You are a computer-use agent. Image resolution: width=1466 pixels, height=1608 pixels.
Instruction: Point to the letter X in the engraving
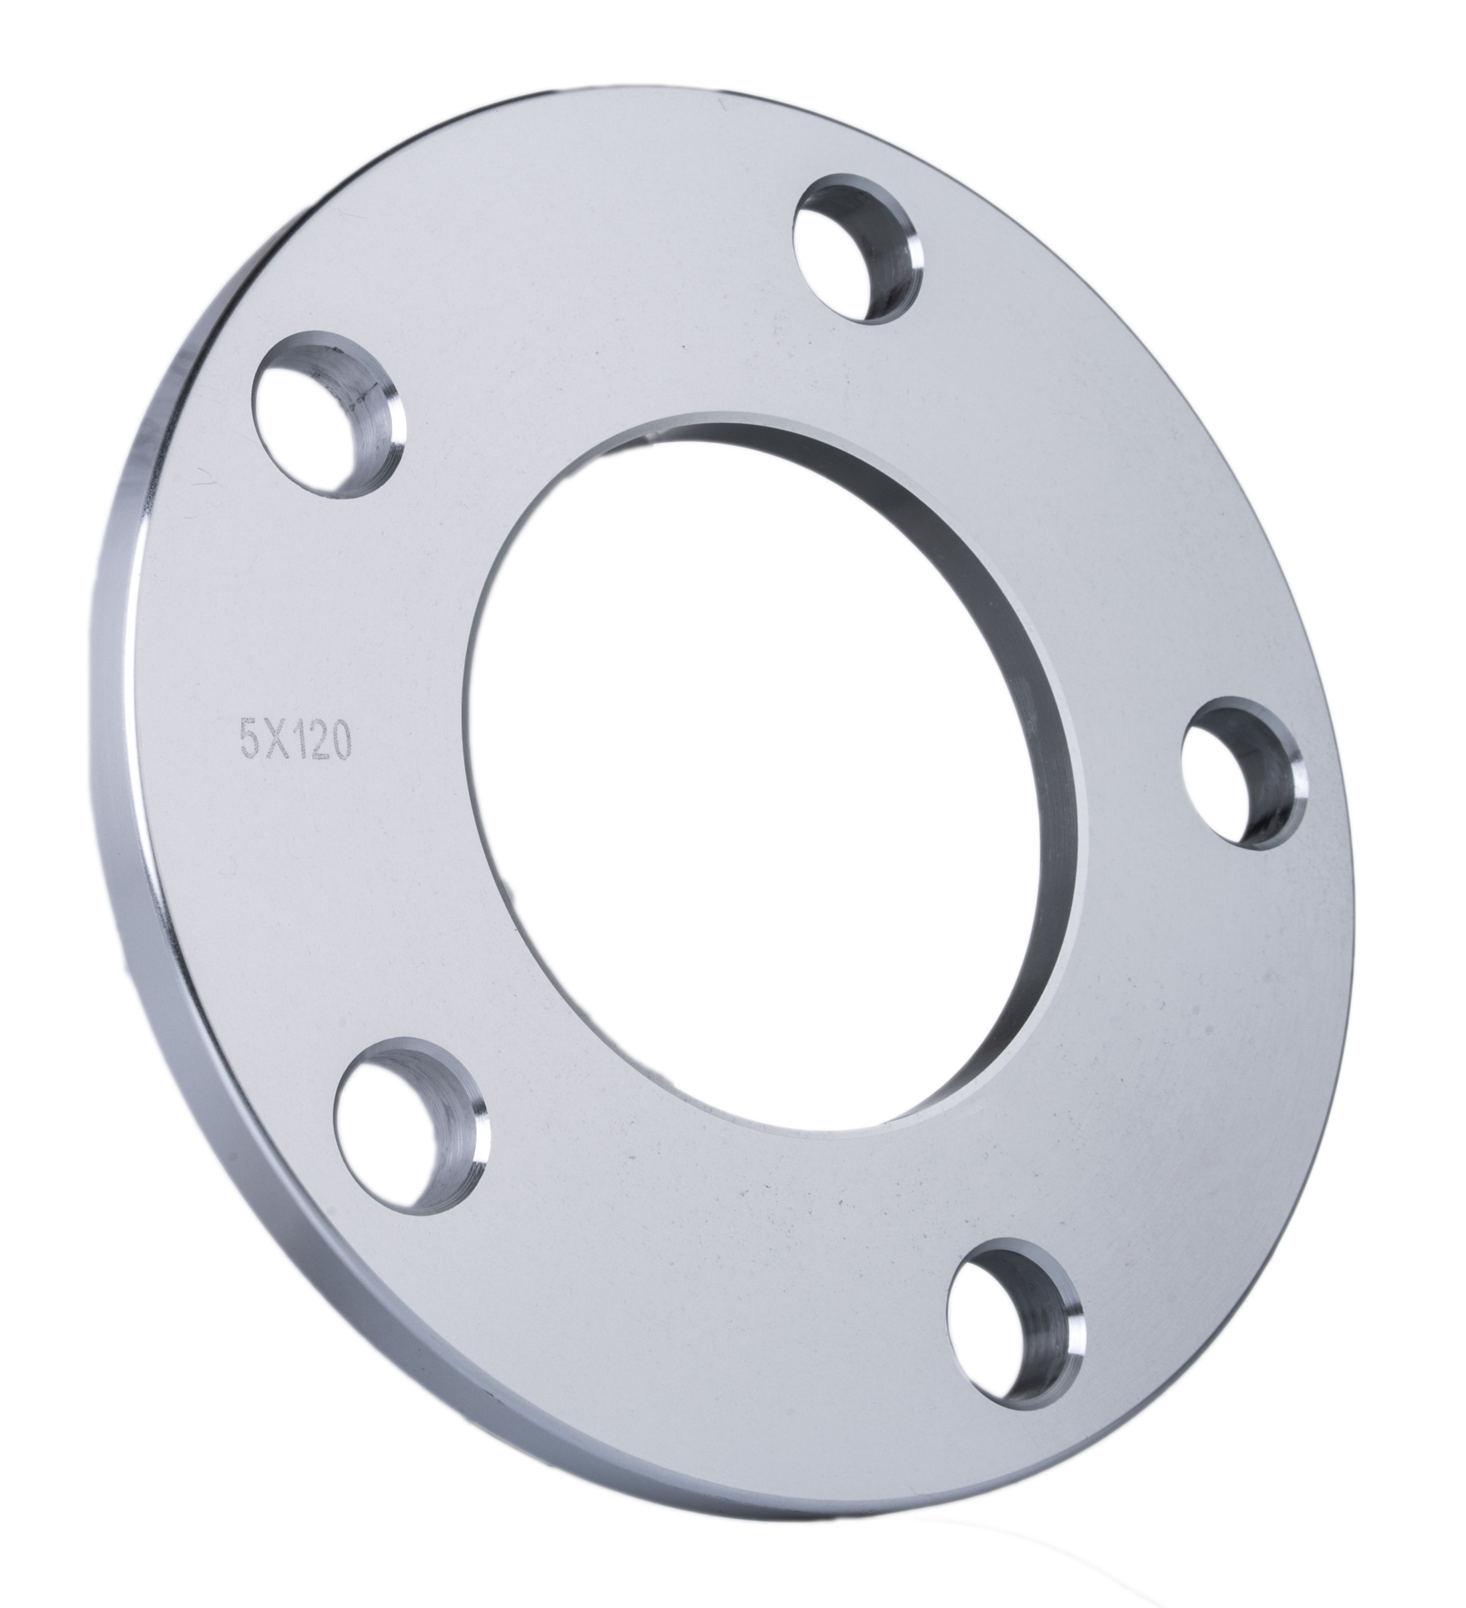[x=266, y=740]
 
